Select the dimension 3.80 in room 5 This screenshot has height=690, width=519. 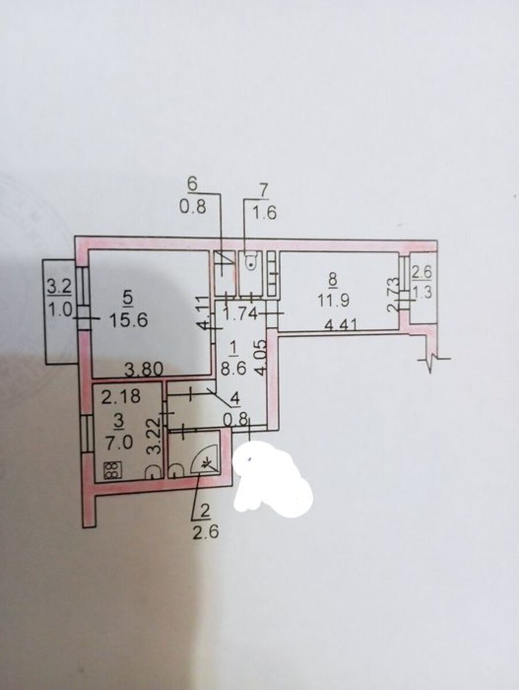144,370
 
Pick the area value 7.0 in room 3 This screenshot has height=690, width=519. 119,444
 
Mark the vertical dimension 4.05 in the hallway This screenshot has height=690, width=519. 261,356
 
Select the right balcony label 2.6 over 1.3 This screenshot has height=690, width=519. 422,282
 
